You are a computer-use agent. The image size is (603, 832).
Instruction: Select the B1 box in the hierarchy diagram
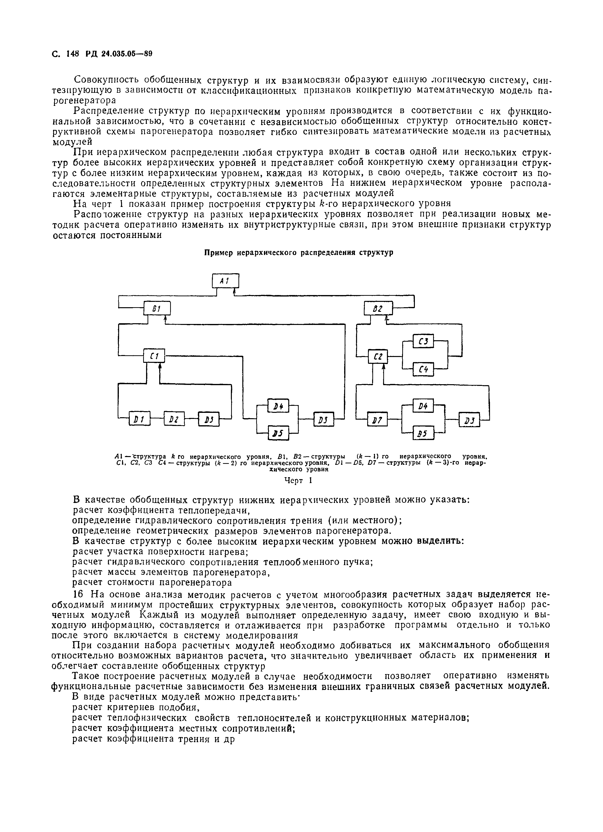(157, 308)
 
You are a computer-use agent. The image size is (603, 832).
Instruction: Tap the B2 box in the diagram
(378, 308)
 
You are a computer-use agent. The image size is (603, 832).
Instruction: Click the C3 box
(423, 341)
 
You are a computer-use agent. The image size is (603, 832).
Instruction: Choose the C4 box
(423, 370)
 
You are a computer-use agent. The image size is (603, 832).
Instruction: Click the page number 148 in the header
(73, 54)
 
